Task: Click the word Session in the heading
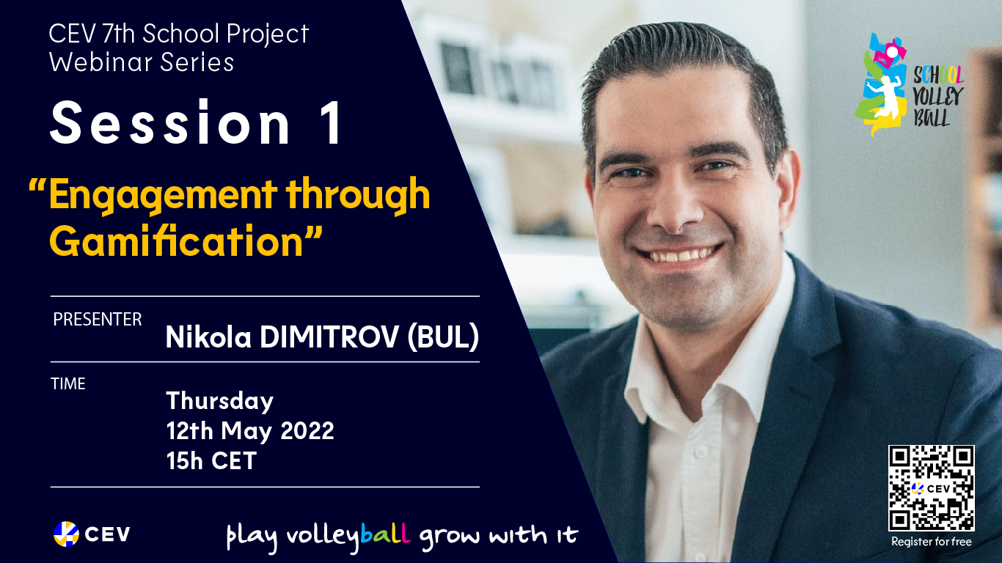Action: pos(170,122)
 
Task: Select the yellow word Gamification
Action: pos(177,242)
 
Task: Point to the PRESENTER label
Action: pos(97,320)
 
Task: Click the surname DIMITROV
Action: pos(329,336)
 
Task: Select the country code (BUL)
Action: pos(443,336)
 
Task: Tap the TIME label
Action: pos(68,383)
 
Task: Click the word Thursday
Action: pos(219,401)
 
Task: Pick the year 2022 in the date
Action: pos(307,430)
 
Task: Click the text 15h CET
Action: pos(211,460)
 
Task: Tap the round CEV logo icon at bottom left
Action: pos(66,534)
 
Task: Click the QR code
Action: pos(932,488)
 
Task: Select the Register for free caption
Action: pos(932,542)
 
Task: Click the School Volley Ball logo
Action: pos(909,84)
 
